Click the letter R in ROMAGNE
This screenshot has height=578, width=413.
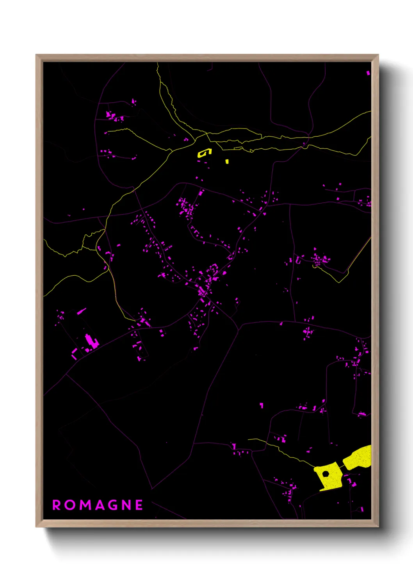pos(57,505)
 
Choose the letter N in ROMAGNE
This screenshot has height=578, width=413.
pos(126,505)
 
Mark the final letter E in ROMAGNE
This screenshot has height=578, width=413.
pos(139,505)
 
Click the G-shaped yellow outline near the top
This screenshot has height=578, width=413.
pos(203,153)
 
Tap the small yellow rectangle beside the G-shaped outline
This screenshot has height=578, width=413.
pos(227,161)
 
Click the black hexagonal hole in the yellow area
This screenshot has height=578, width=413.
pos(326,474)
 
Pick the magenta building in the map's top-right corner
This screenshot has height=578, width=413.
pos(368,73)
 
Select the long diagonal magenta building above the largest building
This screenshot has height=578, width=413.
pos(81,311)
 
